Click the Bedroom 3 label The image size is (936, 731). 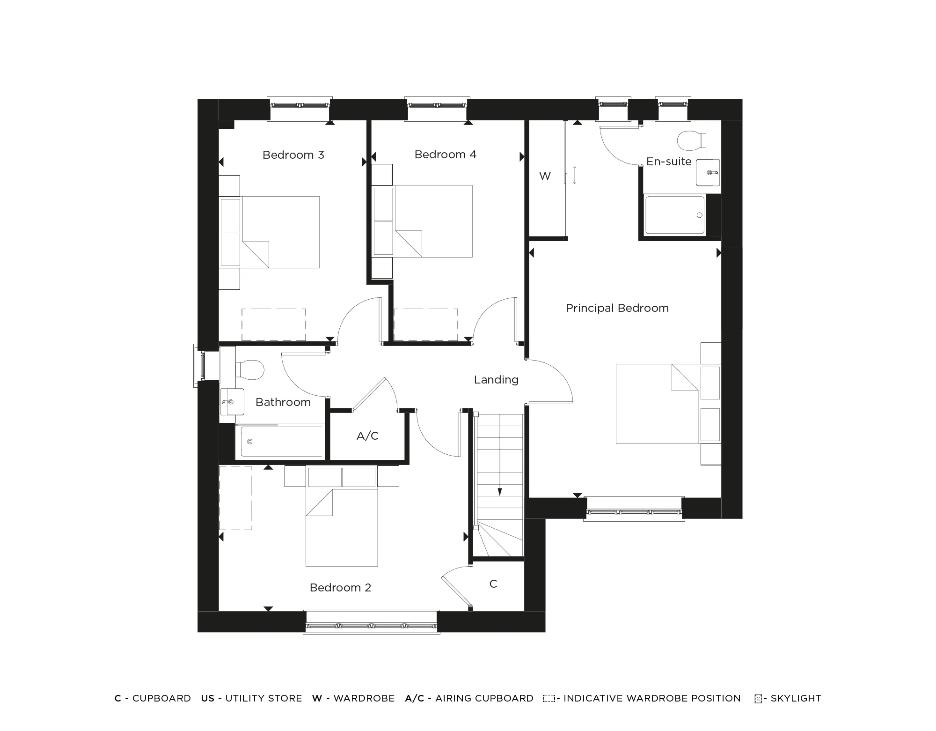click(293, 155)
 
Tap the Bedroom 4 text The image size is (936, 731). click(445, 155)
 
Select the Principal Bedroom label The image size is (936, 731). click(617, 308)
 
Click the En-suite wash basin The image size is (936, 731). click(708, 172)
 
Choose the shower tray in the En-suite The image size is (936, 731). click(674, 215)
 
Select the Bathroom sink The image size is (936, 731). click(232, 402)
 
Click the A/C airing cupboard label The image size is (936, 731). click(367, 436)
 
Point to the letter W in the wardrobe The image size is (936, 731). click(545, 176)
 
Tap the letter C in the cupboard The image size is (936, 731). click(493, 584)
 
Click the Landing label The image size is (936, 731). click(496, 380)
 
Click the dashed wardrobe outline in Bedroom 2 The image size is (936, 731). click(235, 497)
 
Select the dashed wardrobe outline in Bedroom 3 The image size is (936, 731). click(274, 325)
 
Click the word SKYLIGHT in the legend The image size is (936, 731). click(796, 698)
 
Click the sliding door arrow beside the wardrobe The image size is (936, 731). click(575, 175)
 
